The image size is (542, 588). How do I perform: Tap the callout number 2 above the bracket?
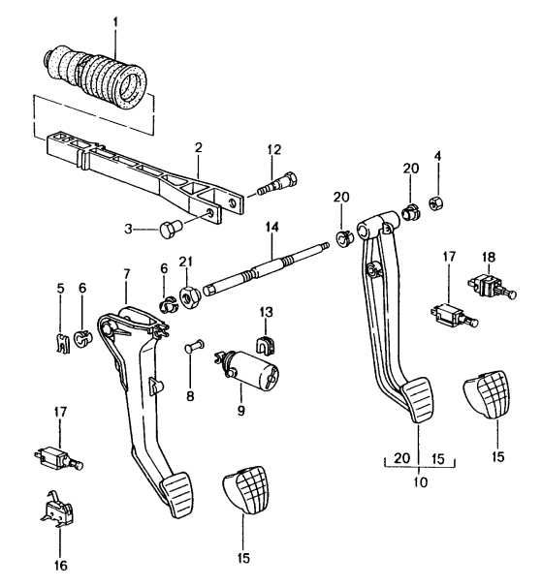199,147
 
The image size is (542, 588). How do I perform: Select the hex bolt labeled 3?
171,229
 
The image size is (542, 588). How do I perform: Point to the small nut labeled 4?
437,202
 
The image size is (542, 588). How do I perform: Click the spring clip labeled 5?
63,343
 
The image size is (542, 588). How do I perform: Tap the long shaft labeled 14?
267,268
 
